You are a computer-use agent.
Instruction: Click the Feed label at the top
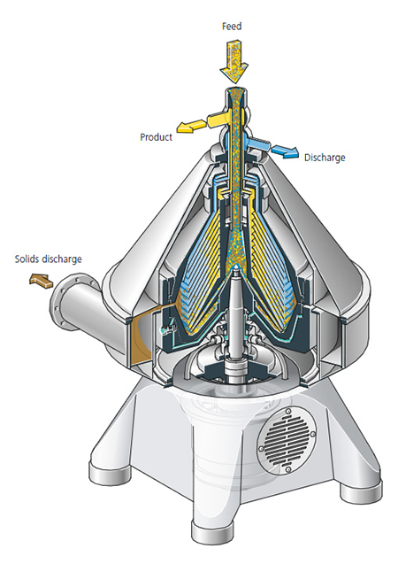pos(232,27)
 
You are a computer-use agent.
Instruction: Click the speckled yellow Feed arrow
pos(233,62)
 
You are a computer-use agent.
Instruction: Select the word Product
pos(157,137)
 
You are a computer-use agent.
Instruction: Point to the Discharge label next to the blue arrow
pos(325,158)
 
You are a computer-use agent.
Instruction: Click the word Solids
pos(27,259)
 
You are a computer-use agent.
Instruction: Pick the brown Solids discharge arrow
pos(41,280)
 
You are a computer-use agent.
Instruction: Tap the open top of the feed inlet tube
pos(237,91)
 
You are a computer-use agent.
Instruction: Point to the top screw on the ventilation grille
pos(287,412)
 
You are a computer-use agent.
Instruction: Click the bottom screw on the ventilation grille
pos(287,470)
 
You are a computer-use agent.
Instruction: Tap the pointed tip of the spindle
pos(235,267)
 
